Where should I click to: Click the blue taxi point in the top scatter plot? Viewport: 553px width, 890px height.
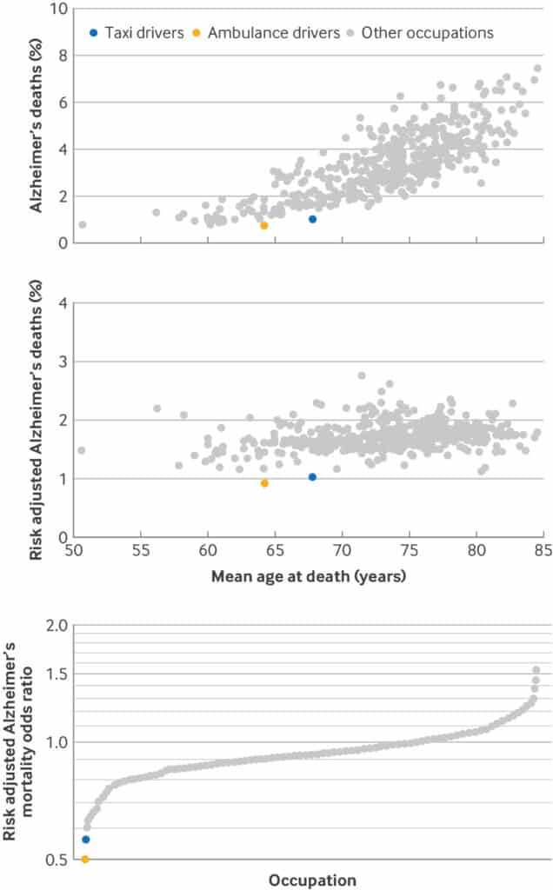click(312, 219)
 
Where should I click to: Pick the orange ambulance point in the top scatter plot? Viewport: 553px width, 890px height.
click(264, 225)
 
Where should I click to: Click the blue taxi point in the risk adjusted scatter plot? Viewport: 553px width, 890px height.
click(312, 477)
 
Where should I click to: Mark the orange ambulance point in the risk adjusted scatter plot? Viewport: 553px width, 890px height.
click(264, 483)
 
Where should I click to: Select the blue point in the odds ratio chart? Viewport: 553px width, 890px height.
click(85, 839)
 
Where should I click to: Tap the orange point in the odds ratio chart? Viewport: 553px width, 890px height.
click(85, 859)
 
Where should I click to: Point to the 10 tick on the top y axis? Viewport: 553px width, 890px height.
click(59, 10)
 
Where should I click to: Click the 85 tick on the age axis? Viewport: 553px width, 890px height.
click(543, 552)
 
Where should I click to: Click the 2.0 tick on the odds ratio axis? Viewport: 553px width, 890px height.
click(57, 626)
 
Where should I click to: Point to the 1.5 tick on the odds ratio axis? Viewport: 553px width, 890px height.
click(57, 674)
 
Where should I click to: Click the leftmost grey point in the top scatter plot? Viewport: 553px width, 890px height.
click(82, 224)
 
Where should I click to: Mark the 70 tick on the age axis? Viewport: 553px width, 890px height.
click(343, 552)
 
